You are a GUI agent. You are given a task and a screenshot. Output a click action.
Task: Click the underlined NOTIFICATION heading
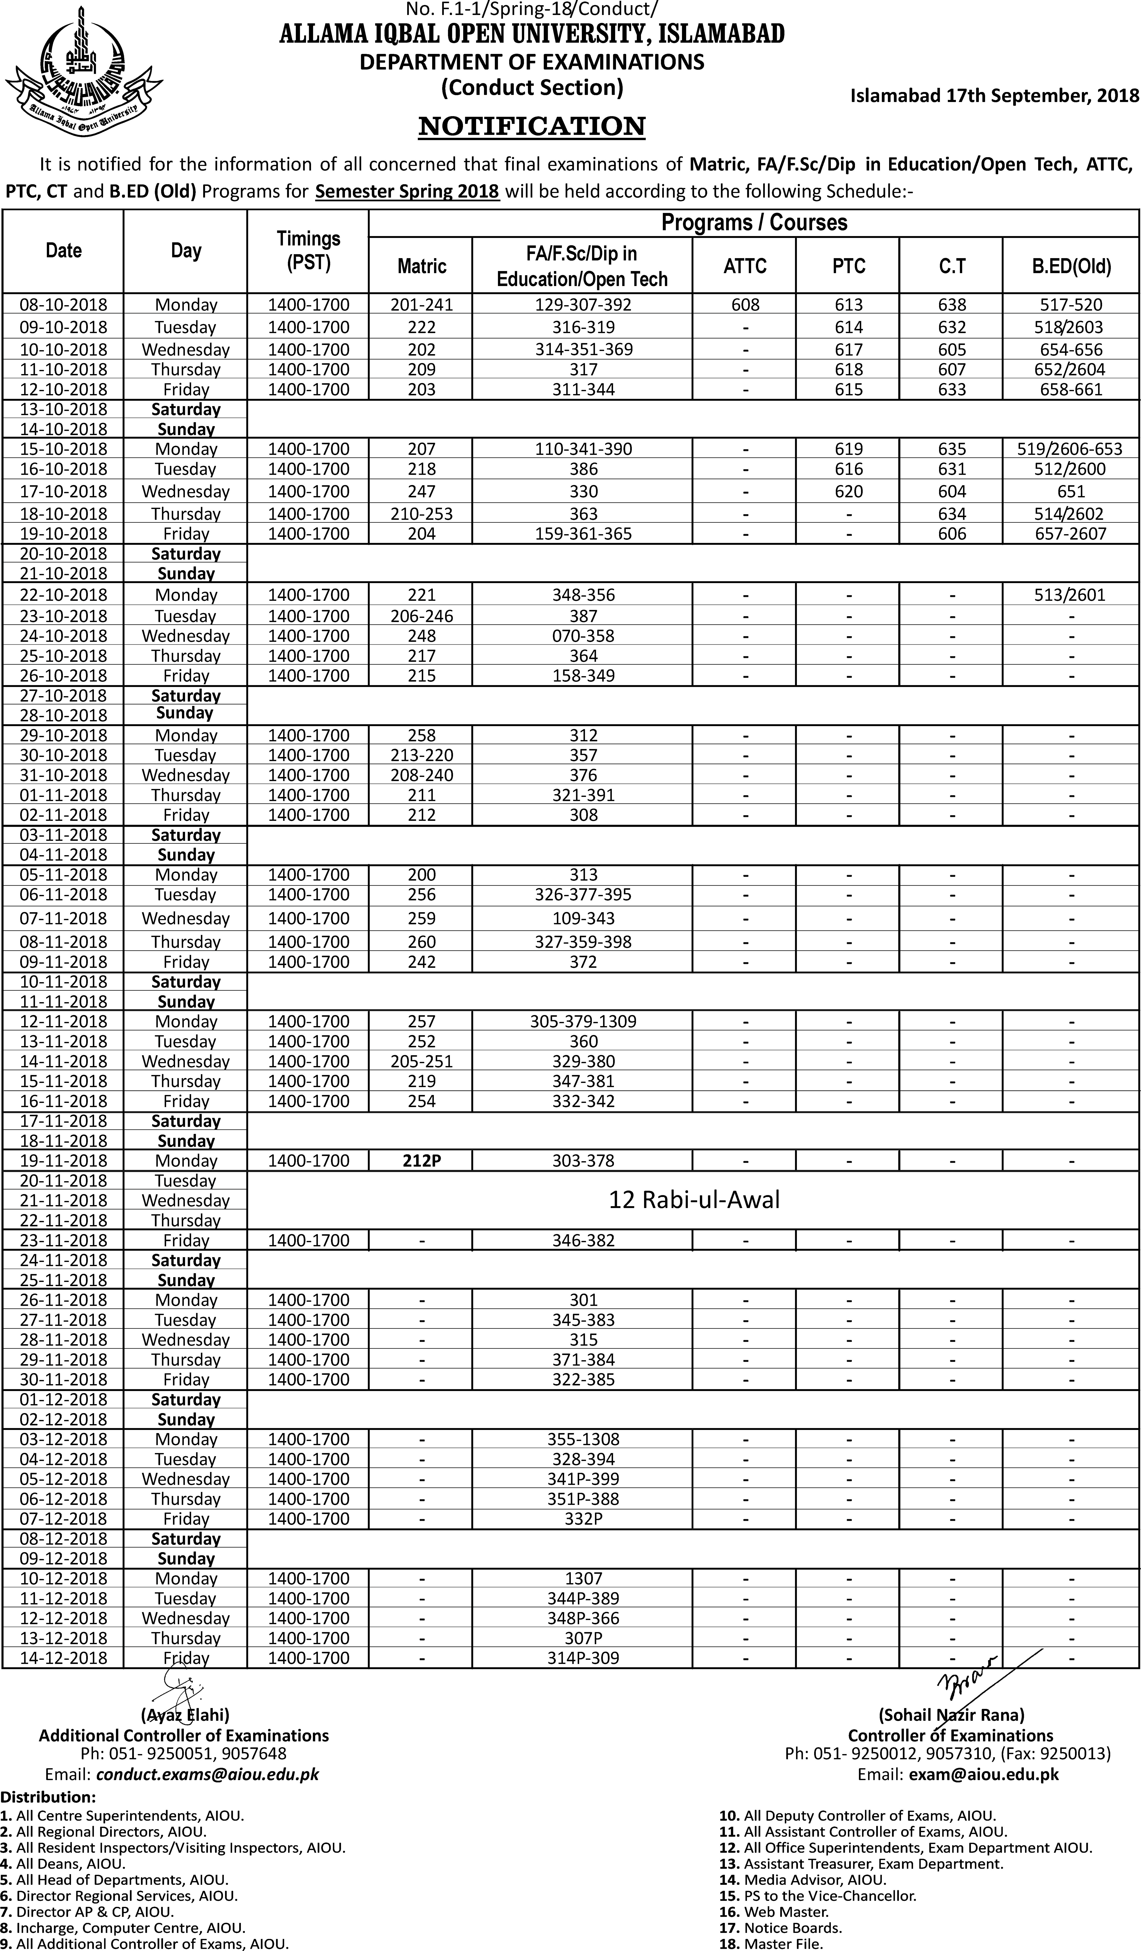[532, 126]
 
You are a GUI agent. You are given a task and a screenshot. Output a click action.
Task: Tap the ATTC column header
[745, 266]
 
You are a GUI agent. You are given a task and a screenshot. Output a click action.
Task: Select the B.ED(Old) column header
[1071, 266]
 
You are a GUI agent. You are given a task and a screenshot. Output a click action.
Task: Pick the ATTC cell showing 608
[745, 305]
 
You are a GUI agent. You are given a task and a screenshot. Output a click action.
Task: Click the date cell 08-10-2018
[63, 305]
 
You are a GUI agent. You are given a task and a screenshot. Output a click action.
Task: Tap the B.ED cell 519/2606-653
[1071, 449]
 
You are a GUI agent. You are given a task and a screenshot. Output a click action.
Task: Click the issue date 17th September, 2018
[995, 96]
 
